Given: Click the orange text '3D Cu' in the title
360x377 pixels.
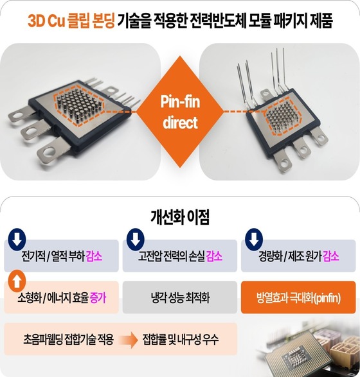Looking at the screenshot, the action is coord(47,21).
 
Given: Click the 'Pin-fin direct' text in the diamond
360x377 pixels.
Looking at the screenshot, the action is coord(180,112).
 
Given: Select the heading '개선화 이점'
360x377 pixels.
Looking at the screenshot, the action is coord(180,217).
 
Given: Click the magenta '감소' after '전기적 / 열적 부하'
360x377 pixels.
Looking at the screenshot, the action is coord(94,256).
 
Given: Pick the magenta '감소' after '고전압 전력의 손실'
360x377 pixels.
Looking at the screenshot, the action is coord(215,256).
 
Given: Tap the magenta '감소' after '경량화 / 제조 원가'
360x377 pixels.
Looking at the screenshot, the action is coord(331,256).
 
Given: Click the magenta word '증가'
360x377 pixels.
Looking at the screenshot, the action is coord(98,297).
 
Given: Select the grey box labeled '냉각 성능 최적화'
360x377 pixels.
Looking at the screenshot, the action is coord(180,297).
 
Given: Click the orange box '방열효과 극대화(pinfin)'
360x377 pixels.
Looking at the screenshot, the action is coord(298,297).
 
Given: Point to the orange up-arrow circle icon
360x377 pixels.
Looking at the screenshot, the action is coord(17,281).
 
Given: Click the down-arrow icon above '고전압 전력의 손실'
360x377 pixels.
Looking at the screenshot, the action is coord(136,240).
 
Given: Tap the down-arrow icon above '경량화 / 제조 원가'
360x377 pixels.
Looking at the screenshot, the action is coord(254,240).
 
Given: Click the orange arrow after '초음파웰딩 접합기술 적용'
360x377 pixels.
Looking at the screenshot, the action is coord(128,340).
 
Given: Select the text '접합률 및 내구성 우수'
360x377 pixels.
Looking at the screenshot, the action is coord(181,340).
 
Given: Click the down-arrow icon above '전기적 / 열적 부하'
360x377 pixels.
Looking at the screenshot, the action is coord(17,240).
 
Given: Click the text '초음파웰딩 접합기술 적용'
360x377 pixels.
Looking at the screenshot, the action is coord(68,340).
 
